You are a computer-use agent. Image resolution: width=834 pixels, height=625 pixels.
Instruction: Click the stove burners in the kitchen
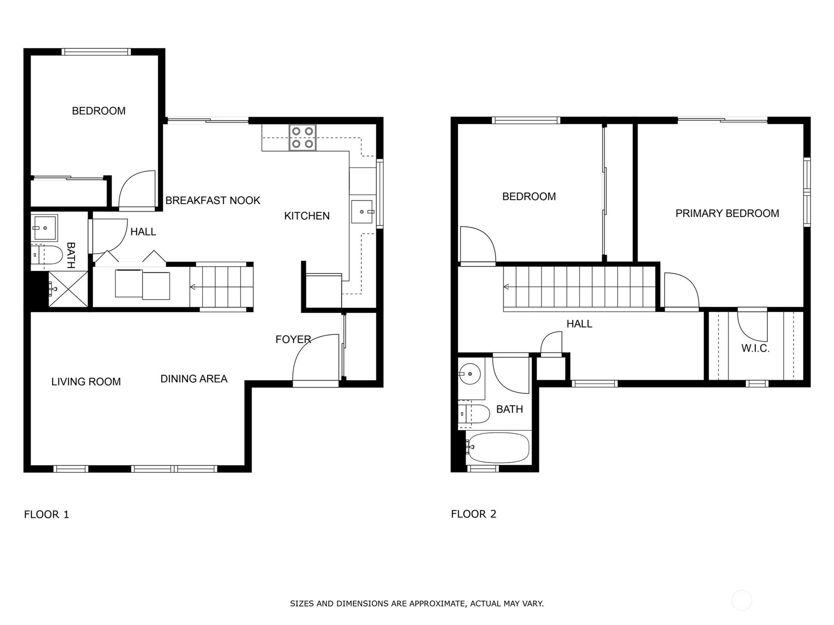(302, 137)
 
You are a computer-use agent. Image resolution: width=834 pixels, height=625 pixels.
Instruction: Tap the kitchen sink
(362, 212)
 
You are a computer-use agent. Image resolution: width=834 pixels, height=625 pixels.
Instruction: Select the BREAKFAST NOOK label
(213, 201)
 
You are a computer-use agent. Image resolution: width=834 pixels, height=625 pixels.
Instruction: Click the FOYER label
(293, 339)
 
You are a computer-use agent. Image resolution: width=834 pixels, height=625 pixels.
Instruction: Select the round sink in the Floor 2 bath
(470, 374)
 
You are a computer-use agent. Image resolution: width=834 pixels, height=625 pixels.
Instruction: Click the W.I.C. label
(755, 348)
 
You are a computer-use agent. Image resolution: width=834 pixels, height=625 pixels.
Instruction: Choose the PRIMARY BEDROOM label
(727, 213)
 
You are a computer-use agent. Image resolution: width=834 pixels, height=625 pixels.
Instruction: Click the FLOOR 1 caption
(46, 515)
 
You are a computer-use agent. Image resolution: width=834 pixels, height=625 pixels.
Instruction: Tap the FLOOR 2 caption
(473, 514)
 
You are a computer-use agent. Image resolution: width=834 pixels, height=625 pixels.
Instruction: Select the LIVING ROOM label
(86, 382)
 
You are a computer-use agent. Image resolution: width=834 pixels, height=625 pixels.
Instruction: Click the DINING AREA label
(194, 379)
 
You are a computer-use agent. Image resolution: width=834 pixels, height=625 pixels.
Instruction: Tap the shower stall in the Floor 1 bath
(68, 289)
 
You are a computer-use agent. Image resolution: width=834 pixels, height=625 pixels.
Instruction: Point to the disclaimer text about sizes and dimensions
(417, 603)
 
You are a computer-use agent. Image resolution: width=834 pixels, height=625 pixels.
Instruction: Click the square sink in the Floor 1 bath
(44, 228)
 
